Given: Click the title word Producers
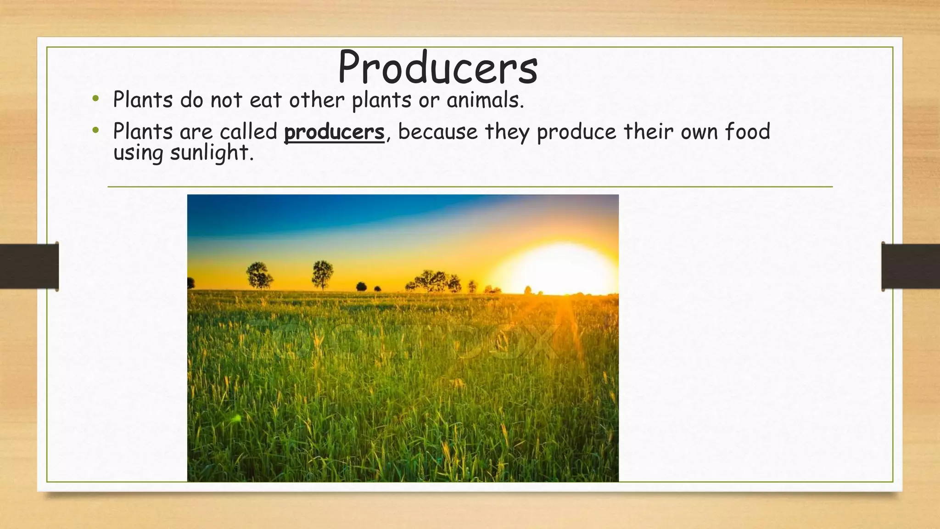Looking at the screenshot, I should point(438,68).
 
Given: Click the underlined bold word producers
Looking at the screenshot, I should point(334,133).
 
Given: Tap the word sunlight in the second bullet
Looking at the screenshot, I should point(212,153).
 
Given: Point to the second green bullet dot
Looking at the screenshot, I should point(95,130).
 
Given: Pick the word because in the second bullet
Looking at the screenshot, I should point(438,132).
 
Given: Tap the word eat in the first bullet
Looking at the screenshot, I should point(265,101).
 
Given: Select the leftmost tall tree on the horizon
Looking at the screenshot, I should point(259,275).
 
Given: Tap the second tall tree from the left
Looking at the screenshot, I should point(322,275).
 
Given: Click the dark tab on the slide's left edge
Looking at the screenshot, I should point(29,266).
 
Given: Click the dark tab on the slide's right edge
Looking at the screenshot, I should point(911,266).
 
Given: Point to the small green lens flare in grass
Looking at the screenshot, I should point(236,418).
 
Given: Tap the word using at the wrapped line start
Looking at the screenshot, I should point(138,153).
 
